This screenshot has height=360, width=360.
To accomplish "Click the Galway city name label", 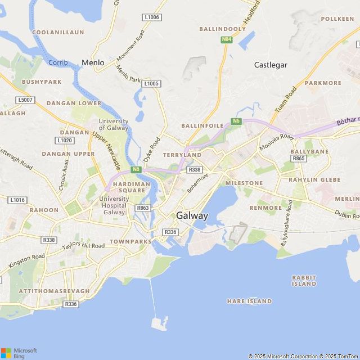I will click(192, 215).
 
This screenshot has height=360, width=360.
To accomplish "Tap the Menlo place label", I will click(93, 63).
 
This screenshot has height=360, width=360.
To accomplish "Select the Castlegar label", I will click(271, 65).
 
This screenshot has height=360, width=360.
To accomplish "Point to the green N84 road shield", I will click(226, 39).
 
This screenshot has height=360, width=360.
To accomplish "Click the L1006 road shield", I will click(152, 17).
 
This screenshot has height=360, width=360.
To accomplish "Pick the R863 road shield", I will click(143, 208).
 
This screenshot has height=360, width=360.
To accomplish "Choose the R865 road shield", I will click(299, 159).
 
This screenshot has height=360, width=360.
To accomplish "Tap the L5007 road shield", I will click(25, 100).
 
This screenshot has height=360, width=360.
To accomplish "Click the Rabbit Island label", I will click(304, 281).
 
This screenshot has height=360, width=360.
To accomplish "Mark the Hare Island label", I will click(249, 301).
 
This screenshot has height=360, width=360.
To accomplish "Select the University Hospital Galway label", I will click(114, 205).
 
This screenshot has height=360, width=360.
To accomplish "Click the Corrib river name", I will click(57, 62).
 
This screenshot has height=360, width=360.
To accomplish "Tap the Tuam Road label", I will click(286, 98).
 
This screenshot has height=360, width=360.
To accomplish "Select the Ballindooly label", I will click(222, 28).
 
